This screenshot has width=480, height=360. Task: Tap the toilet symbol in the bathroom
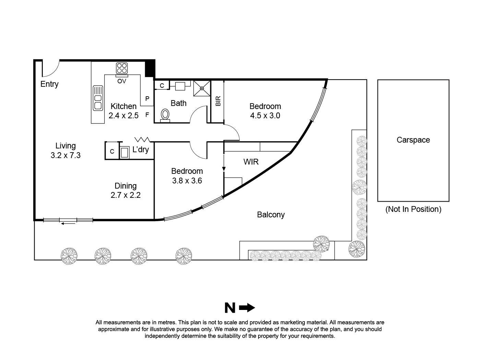point(165,115)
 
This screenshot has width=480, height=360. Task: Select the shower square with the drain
point(202,88)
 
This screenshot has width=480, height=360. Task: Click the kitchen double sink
point(98,98)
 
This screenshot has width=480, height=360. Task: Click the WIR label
point(251,162)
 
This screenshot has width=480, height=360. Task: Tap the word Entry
point(49,84)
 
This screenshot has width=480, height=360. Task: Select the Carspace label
point(413,140)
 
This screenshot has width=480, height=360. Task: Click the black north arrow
point(247,308)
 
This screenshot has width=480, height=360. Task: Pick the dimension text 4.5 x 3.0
point(265,116)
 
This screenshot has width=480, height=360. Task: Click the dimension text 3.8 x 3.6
point(187,181)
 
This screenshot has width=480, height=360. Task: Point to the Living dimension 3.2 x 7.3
point(65,155)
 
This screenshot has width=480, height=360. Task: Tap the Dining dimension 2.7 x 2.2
point(125,195)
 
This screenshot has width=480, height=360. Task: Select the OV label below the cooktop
point(122,81)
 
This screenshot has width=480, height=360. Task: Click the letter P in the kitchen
point(147,99)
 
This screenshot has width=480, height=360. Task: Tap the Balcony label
point(271,215)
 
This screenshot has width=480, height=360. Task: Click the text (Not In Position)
point(413,209)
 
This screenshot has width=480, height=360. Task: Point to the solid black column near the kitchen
point(150,69)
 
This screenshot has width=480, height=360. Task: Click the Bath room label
point(179,103)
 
